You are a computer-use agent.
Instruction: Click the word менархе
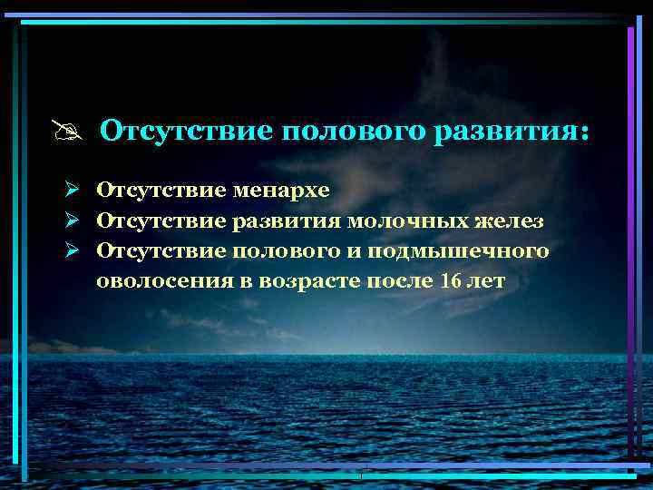[281, 191]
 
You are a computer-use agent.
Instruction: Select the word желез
[511, 220]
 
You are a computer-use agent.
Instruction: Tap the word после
[399, 280]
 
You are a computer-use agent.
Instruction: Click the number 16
[451, 280]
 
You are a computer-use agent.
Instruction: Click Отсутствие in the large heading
[186, 132]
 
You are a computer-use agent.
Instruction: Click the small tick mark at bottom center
[360, 474]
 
